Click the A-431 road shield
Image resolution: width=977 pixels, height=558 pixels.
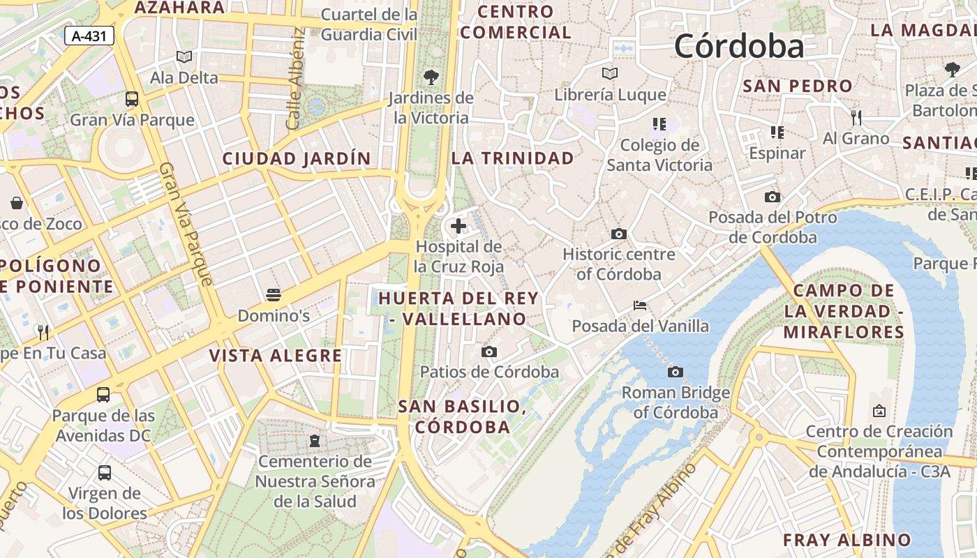[x=89, y=36]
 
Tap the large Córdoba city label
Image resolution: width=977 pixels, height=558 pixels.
[x=738, y=46]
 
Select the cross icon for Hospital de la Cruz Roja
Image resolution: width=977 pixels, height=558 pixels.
[x=458, y=225]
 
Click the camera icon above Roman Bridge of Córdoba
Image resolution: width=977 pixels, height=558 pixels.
[x=675, y=372]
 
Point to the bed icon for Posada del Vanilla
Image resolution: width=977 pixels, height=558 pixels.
[x=639, y=305]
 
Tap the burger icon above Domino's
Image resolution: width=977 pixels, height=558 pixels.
[x=273, y=294]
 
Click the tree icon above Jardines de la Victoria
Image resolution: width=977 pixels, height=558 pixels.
[x=431, y=77]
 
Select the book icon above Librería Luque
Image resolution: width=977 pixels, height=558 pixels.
[x=610, y=73]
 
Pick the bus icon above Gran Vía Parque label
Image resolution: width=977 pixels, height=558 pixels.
[x=132, y=98]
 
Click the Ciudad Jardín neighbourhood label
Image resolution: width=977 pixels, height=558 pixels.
[x=297, y=158]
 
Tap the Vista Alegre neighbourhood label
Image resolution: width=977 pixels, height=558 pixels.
[x=276, y=356]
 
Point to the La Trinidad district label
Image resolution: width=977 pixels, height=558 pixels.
[x=512, y=158]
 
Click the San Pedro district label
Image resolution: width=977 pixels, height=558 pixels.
[x=798, y=86]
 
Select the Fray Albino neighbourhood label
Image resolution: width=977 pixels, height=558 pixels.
[x=847, y=540]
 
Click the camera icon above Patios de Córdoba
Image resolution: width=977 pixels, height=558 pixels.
[x=489, y=352]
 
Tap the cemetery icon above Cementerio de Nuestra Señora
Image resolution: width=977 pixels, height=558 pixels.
[x=315, y=441]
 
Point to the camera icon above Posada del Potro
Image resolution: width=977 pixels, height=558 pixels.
[x=772, y=197]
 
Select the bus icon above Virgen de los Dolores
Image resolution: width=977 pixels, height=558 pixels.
[x=105, y=472]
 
